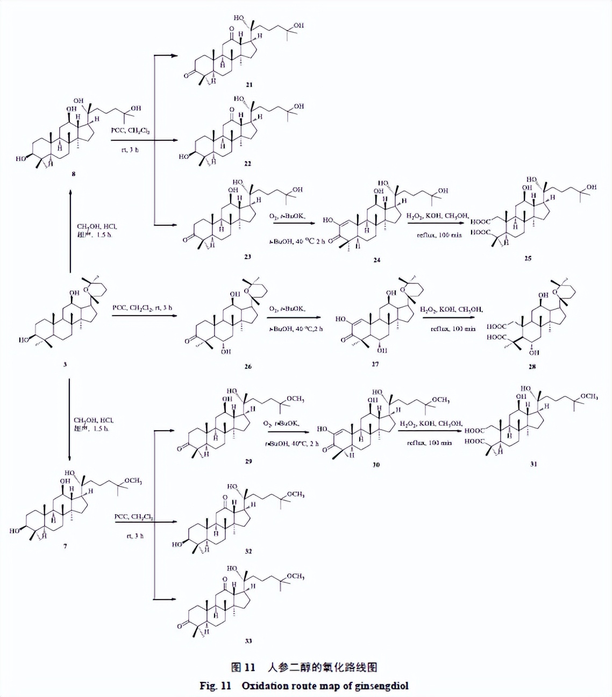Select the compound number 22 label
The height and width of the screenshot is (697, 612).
pyautogui.click(x=248, y=163)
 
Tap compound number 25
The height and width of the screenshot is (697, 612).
pyautogui.click(x=528, y=258)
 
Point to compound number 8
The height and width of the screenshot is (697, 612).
pyautogui.click(x=74, y=174)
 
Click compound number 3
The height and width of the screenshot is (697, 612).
pyautogui.click(x=65, y=364)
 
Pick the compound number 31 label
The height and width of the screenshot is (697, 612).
pyautogui.click(x=533, y=464)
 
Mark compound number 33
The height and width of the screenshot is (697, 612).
pyautogui.click(x=248, y=641)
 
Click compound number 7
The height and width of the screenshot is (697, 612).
pyautogui.click(x=66, y=546)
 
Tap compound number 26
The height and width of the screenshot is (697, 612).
pyautogui.click(x=248, y=366)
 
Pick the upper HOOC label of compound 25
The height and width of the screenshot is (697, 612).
pyautogui.click(x=480, y=222)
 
